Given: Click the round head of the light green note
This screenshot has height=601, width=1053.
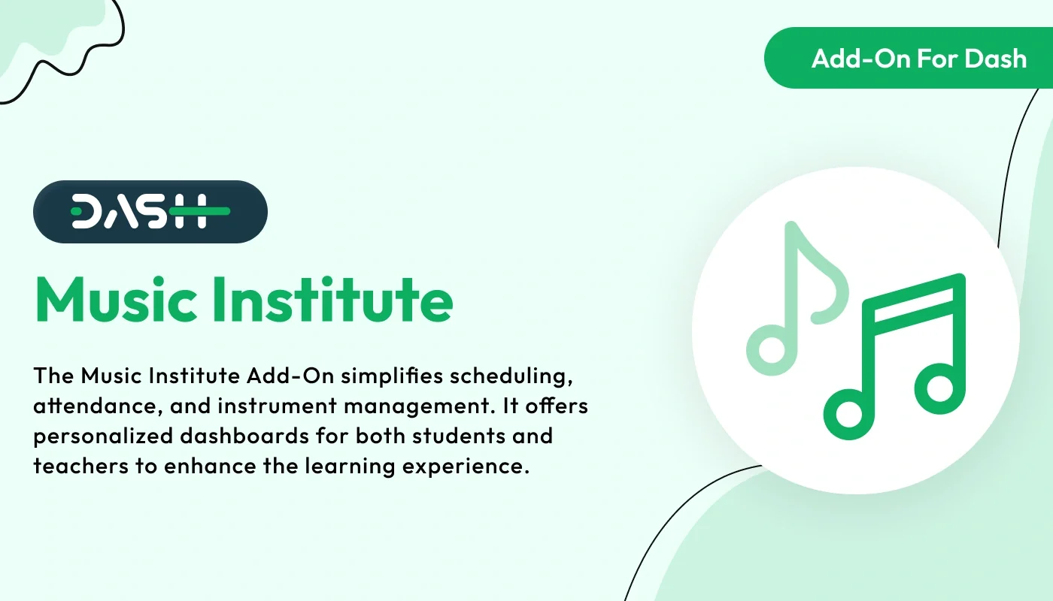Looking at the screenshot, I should pyautogui.click(x=770, y=349).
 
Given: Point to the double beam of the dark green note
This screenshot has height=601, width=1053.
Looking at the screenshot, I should pyautogui.click(x=914, y=300).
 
